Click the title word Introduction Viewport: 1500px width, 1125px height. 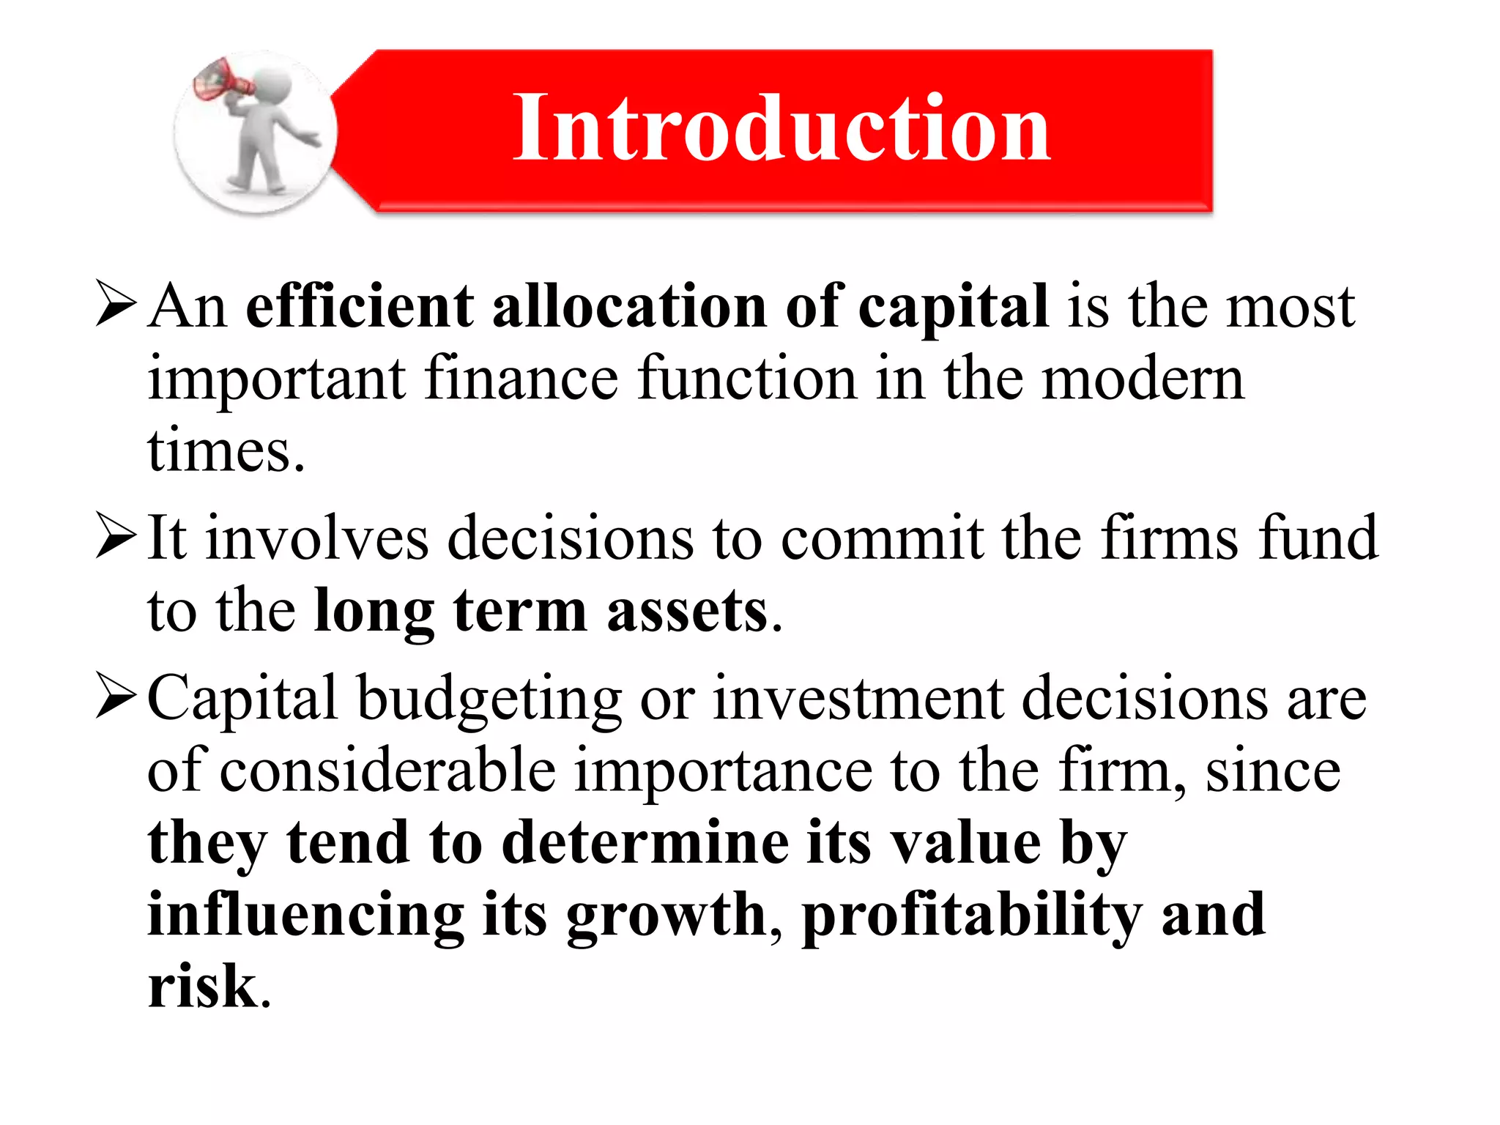pos(781,128)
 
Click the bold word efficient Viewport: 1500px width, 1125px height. pos(360,306)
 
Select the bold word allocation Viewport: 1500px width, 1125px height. pos(629,306)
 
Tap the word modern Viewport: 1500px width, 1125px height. pos(1143,379)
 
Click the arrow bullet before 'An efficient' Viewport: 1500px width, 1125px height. pos(116,306)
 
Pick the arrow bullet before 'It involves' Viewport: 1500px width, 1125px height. pos(116,538)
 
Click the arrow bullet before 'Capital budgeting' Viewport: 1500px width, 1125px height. pos(116,698)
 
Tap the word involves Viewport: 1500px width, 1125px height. pos(316,538)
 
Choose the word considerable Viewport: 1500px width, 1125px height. pos(387,771)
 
